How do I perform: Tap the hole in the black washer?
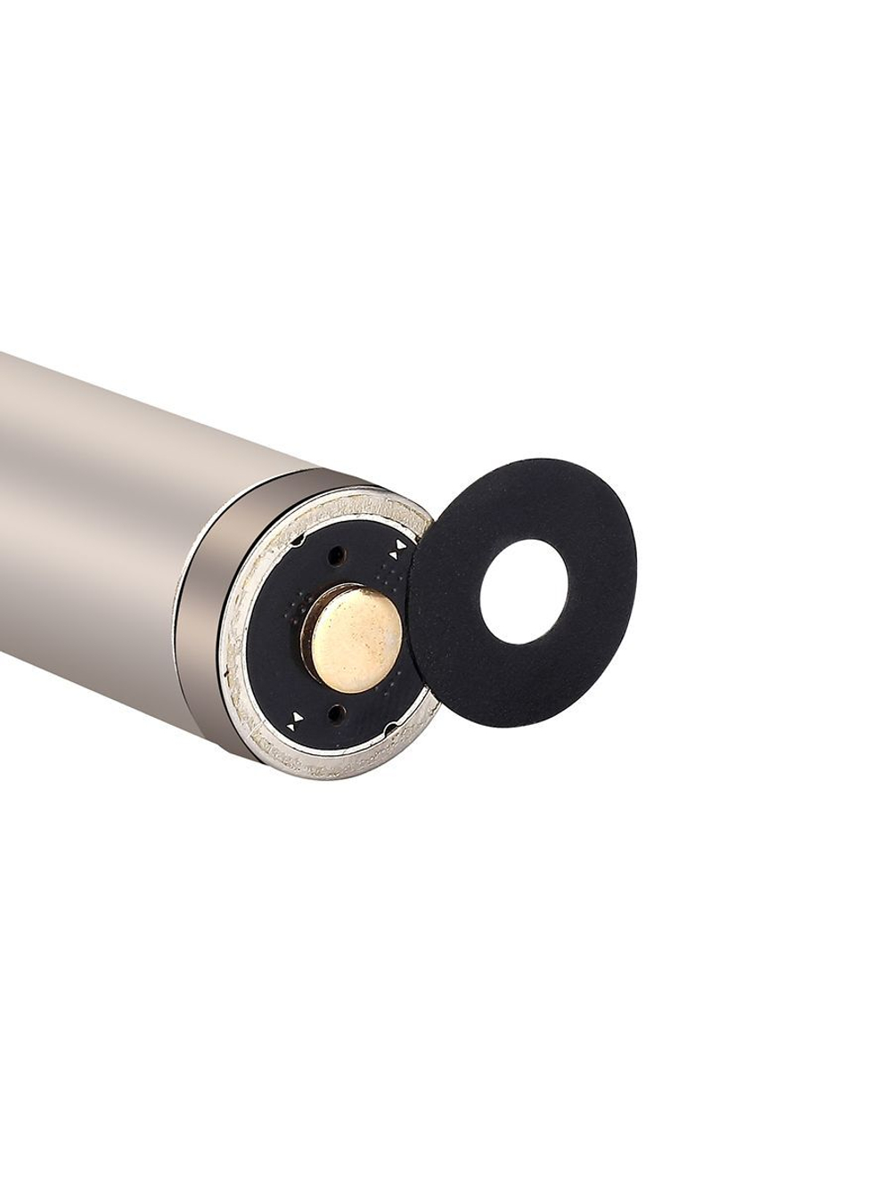click(524, 587)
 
